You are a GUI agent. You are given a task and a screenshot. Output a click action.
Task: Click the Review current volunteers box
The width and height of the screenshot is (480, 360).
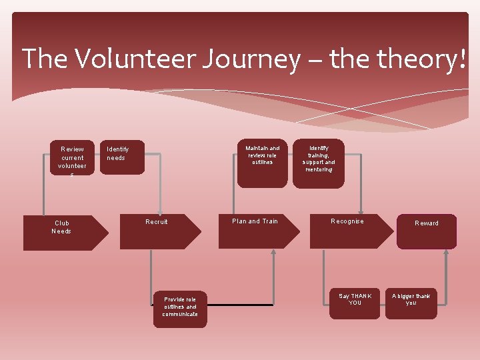[72, 158]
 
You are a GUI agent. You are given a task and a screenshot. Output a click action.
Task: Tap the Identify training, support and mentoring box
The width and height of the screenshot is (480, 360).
[319, 163]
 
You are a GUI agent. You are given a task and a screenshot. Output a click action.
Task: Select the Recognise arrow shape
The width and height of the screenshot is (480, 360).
[351, 231]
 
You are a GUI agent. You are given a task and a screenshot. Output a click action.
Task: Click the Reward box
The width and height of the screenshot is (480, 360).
[427, 231]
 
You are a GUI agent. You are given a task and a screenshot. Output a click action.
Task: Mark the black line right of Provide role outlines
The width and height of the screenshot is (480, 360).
[240, 305]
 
